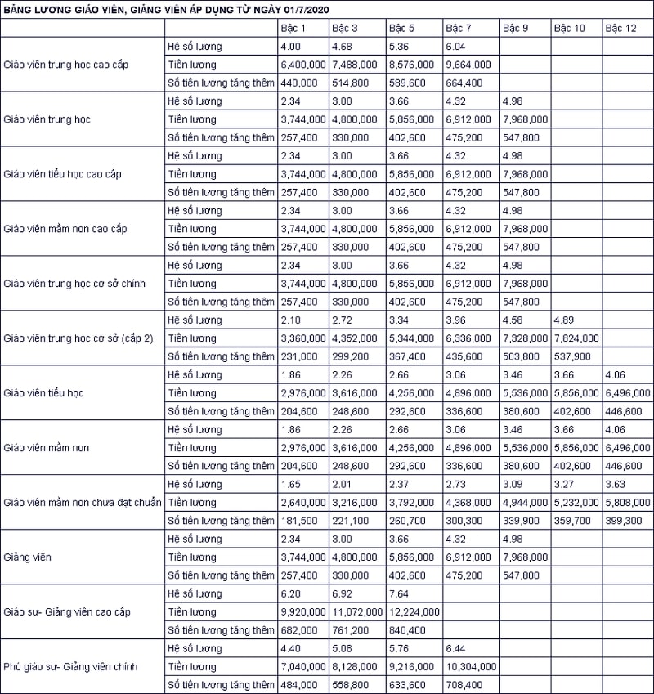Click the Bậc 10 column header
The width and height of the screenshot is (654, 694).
(569, 28)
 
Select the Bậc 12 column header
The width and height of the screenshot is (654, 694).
(620, 28)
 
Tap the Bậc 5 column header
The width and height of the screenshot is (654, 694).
(404, 28)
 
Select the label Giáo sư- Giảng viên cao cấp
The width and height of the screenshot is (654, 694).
(67, 612)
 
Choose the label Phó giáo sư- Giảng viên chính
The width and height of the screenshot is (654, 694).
(71, 667)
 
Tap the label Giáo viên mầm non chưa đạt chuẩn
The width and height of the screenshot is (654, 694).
(83, 503)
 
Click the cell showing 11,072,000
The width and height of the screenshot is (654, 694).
(357, 612)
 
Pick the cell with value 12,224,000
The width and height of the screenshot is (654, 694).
(414, 612)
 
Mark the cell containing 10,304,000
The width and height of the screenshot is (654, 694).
(470, 667)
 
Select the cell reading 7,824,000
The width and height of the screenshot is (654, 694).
(576, 338)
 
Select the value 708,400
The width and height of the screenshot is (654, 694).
(464, 685)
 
